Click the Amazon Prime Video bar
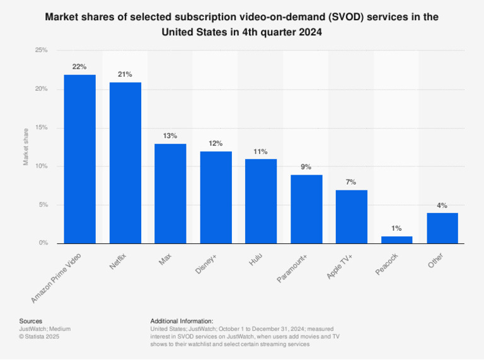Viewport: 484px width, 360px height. pos(79,159)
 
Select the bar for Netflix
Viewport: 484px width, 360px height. pos(125,163)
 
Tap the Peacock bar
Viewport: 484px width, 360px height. pos(397,240)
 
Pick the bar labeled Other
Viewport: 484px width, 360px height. pos(442,228)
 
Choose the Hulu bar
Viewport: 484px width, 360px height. pos(261,201)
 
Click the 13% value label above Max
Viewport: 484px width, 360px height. pos(170,136)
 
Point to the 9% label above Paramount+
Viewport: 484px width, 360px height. pos(306,166)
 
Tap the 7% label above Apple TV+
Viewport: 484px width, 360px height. pos(351,182)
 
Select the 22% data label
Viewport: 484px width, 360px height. pos(79,66)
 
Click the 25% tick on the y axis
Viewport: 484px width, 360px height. pos(41,50)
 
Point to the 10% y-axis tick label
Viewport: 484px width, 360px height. pos(41,166)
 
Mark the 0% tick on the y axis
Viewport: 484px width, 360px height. pos(43,243)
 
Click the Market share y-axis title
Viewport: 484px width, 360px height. pos(26,147)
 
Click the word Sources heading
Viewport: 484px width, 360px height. pos(31,321)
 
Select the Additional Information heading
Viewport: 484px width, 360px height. pos(182,321)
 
